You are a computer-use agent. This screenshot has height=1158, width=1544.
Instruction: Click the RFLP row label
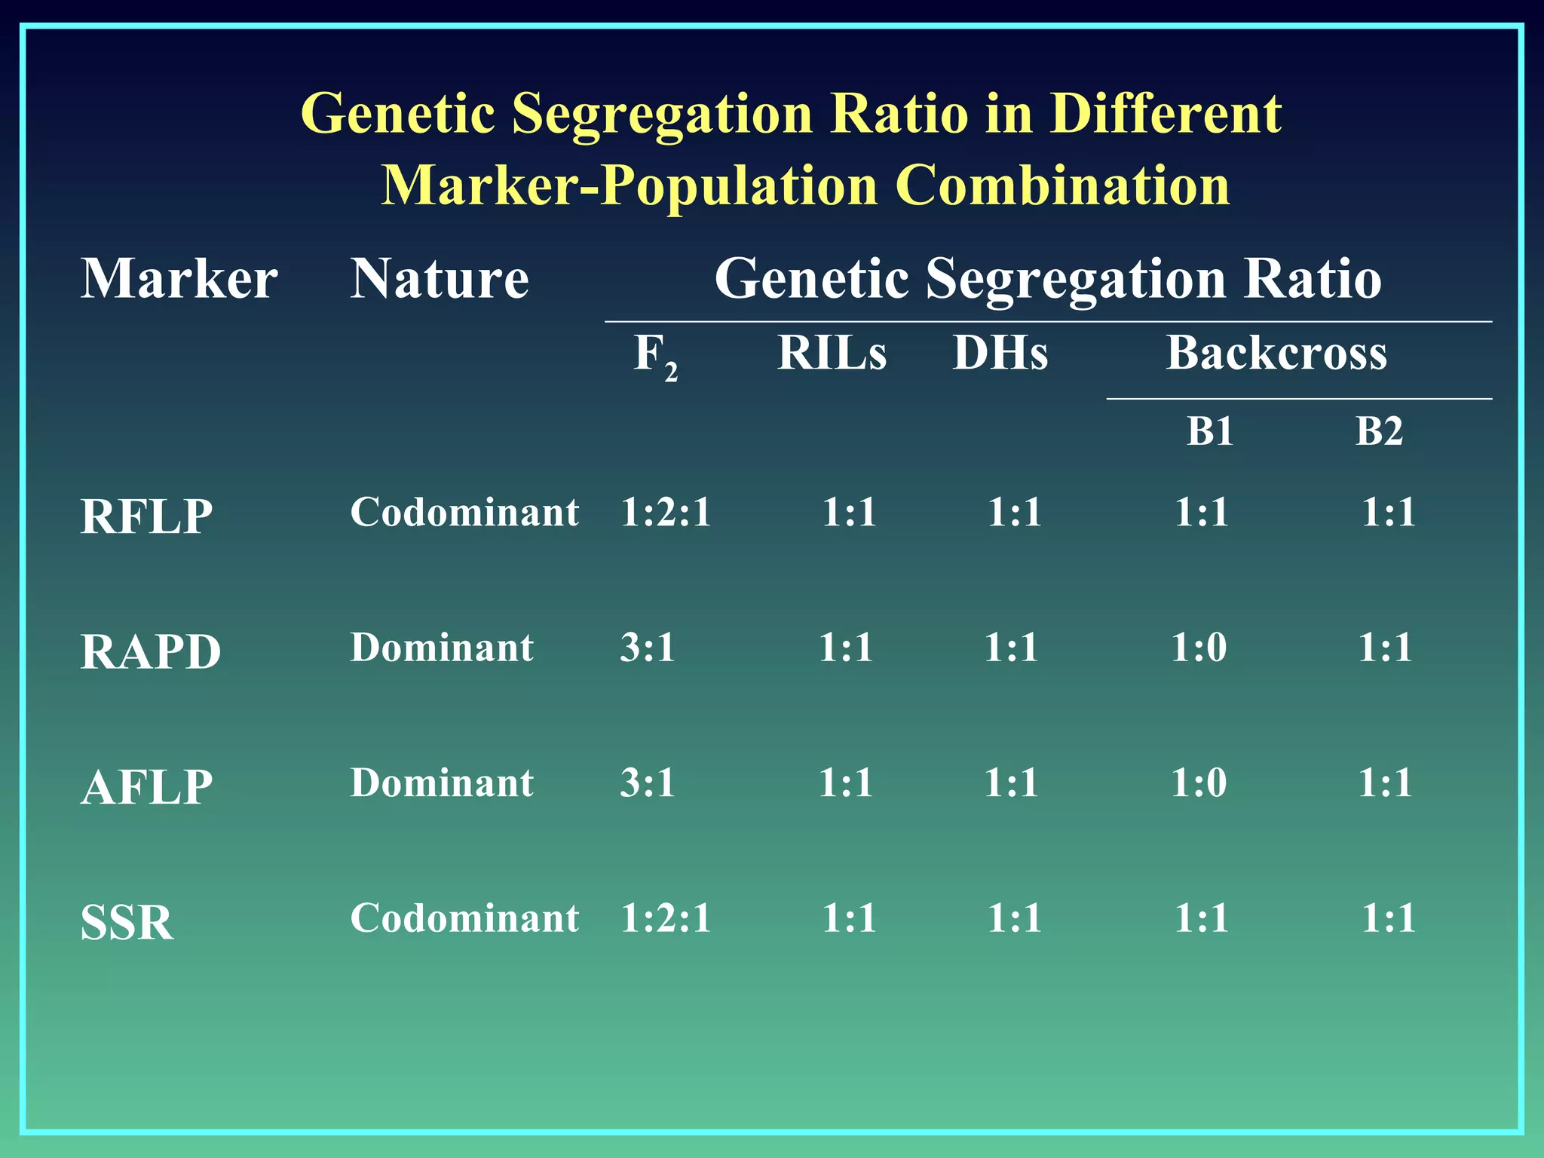point(146,517)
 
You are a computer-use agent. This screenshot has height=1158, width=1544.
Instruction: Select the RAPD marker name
point(150,652)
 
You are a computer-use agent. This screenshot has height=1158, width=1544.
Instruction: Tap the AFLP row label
point(146,788)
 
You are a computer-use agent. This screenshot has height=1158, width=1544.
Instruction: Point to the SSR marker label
point(127,923)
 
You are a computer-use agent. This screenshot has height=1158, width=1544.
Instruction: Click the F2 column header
point(654,355)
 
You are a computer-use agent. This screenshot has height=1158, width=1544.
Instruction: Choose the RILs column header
point(832,353)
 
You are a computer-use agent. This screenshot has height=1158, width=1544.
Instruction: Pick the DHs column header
point(1000,353)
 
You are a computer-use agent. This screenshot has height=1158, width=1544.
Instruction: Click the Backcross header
point(1276,353)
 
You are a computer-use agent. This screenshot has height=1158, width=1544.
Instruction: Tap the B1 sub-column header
point(1209,432)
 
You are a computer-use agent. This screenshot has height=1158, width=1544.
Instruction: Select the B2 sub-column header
point(1379,432)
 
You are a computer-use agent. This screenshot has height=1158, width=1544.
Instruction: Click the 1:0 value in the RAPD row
point(1198,648)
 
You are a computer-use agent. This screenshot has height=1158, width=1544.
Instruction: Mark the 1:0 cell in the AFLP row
point(1198,783)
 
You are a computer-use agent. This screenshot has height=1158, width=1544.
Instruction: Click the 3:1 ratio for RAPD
point(647,648)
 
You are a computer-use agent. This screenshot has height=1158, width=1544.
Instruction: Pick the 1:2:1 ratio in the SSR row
point(666,918)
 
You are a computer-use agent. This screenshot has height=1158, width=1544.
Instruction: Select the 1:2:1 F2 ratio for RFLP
point(666,513)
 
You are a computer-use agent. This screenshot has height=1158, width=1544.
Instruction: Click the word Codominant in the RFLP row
point(464,513)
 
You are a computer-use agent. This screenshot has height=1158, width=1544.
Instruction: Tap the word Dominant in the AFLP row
point(442,783)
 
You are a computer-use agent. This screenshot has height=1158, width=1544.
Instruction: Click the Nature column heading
point(440,279)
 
